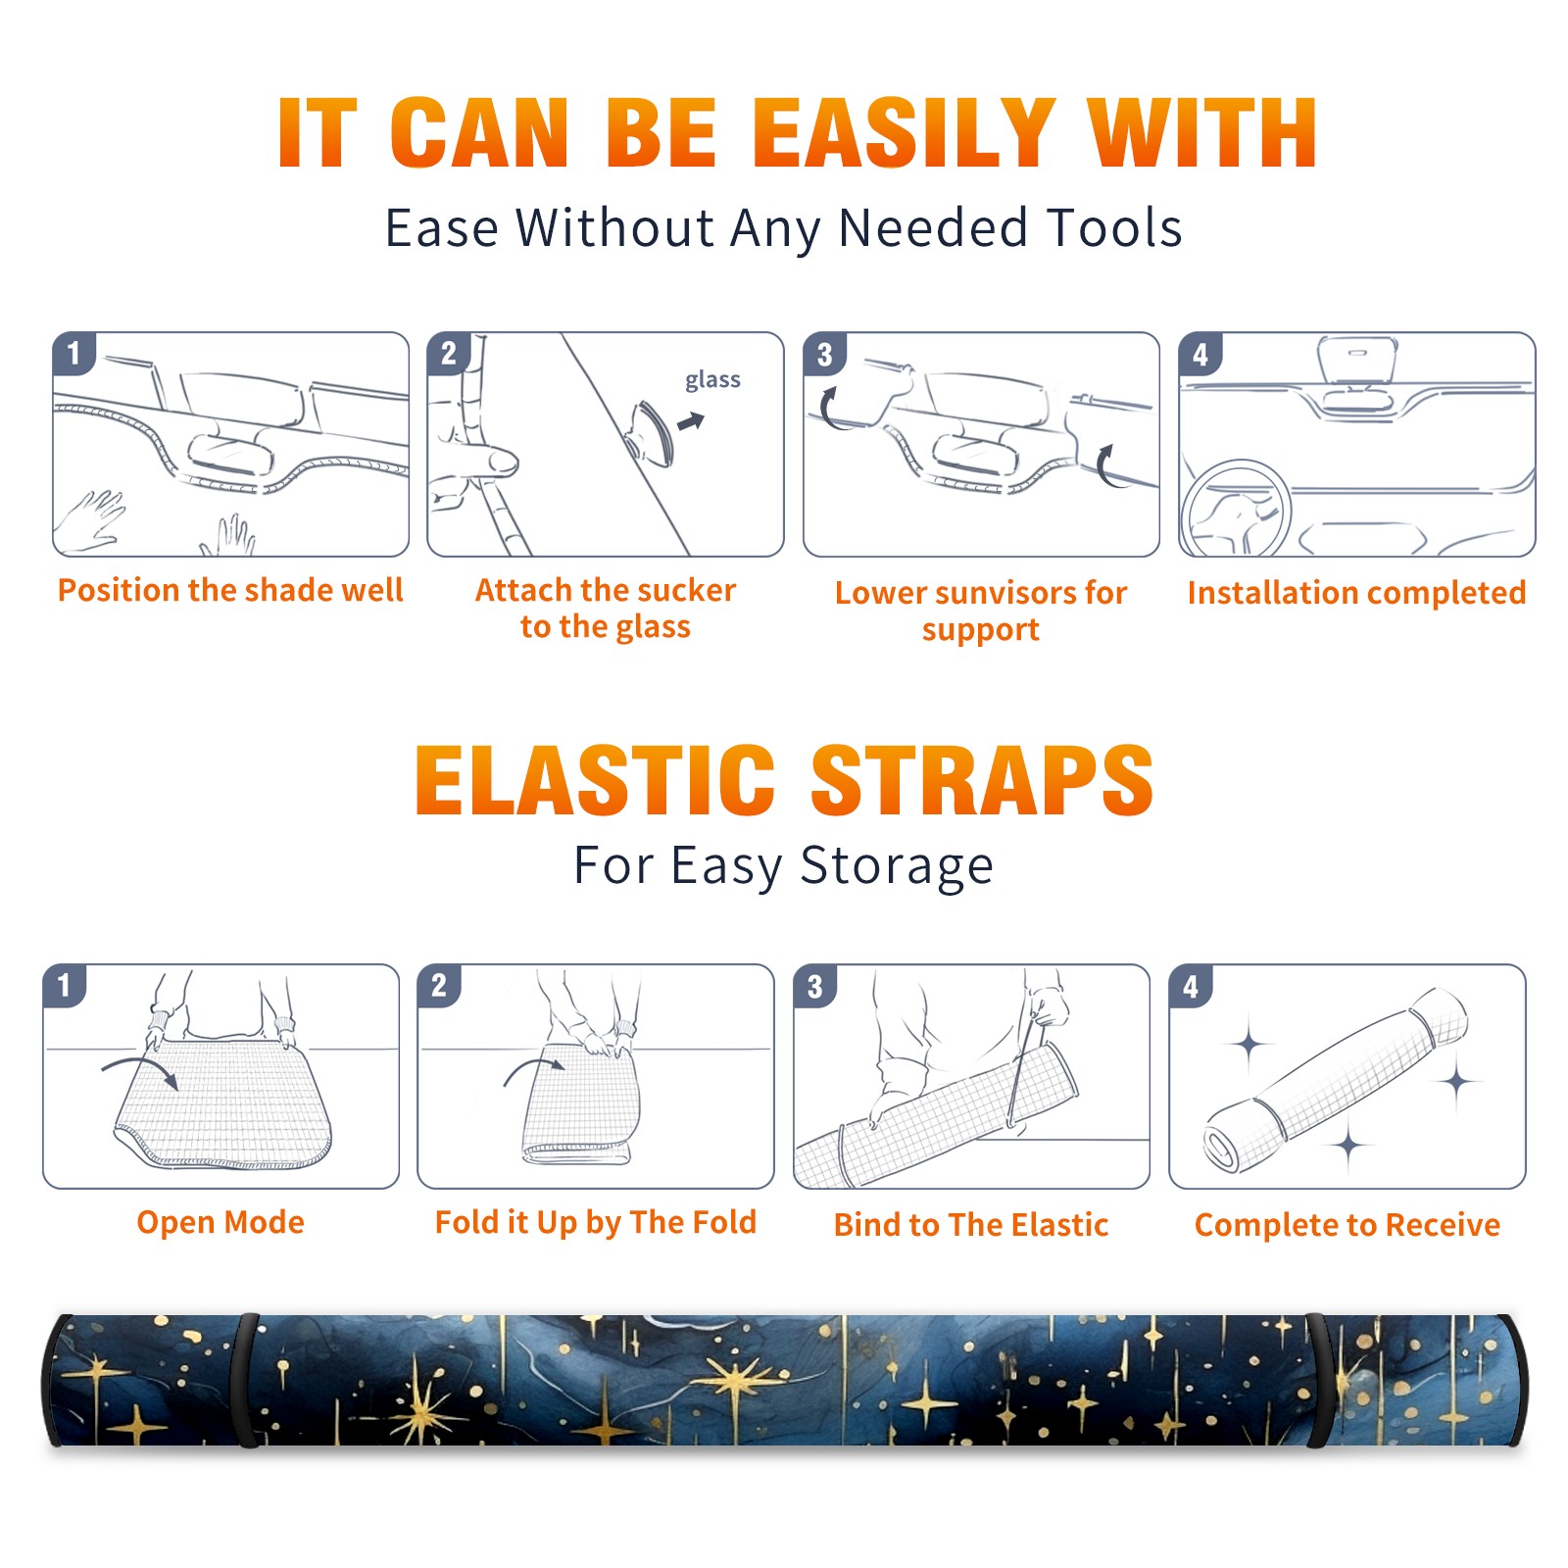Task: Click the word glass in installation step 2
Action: coord(712,380)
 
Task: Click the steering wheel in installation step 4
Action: coord(1236,509)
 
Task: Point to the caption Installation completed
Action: coord(1356,593)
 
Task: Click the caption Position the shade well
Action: coord(230,590)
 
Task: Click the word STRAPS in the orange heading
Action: coord(982,780)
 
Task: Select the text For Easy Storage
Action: coord(783,866)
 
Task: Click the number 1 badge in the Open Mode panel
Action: coord(65,986)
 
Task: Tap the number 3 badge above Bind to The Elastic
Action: coord(815,986)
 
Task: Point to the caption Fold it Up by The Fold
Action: coord(596,1222)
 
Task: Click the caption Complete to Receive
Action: coord(1347,1225)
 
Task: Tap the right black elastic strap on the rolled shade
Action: coord(1319,1381)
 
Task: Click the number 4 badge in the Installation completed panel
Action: coord(1200,354)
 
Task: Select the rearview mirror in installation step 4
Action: coord(1356,361)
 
